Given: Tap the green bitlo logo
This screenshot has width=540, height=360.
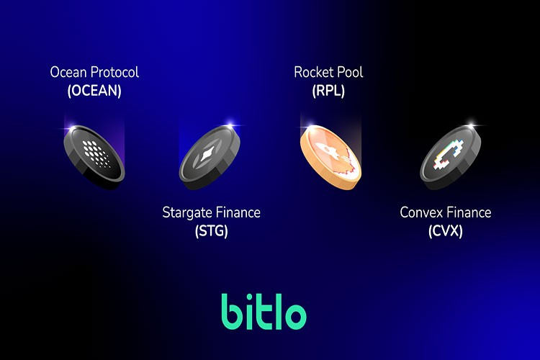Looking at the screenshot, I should tap(264, 311).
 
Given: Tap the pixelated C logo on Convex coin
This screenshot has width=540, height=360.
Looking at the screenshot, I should tap(447, 153).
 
